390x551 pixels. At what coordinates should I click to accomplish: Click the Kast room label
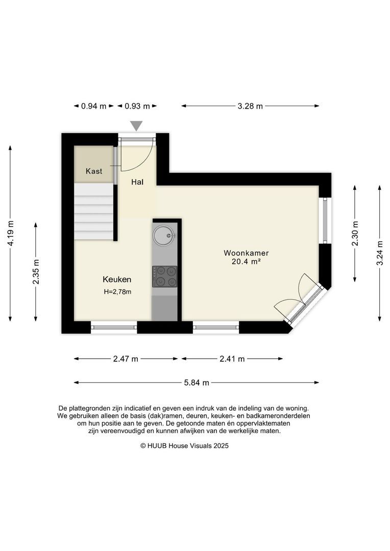[x=94, y=171]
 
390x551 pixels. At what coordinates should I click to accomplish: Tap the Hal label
[x=137, y=182]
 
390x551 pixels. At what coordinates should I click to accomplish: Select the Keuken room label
[x=117, y=280]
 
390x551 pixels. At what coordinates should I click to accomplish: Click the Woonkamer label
[x=246, y=253]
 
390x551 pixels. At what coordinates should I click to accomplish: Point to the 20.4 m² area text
[x=246, y=261]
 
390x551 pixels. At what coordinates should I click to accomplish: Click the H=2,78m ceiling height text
[x=117, y=292]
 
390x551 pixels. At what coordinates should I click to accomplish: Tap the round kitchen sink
[x=164, y=236]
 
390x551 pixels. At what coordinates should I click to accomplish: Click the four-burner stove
[x=164, y=277]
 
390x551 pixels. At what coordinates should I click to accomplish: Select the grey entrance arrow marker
[x=136, y=126]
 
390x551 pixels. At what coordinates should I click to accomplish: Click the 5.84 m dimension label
[x=197, y=383]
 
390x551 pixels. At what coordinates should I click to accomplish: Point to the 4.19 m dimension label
[x=11, y=234]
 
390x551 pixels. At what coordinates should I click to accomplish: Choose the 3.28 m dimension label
[x=251, y=106]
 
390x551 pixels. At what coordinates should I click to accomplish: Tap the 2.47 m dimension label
[x=126, y=359]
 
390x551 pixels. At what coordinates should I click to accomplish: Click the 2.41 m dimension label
[x=232, y=359]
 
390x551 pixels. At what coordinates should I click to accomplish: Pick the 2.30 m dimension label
[x=355, y=234]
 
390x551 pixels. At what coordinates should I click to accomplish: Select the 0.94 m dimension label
[x=94, y=106]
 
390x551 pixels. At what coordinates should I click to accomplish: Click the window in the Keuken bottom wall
[x=114, y=328]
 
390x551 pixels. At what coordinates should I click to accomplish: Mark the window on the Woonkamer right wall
[x=325, y=221]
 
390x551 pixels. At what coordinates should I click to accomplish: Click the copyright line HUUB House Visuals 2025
[x=185, y=446]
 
